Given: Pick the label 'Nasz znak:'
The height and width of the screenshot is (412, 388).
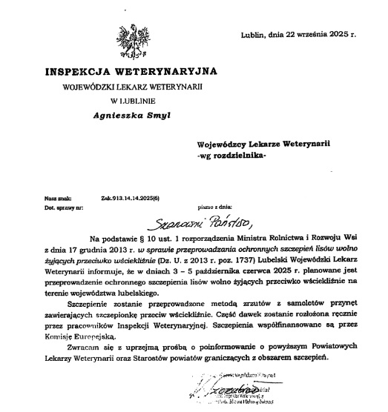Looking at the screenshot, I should click(x=56, y=199).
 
